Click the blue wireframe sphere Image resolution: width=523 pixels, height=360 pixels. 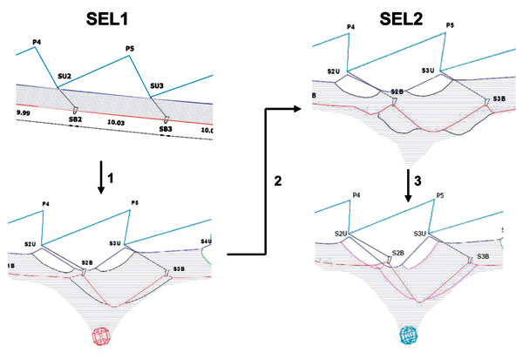(410, 336)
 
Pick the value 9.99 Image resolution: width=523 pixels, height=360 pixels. (24, 112)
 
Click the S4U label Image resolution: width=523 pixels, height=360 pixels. (206, 241)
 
